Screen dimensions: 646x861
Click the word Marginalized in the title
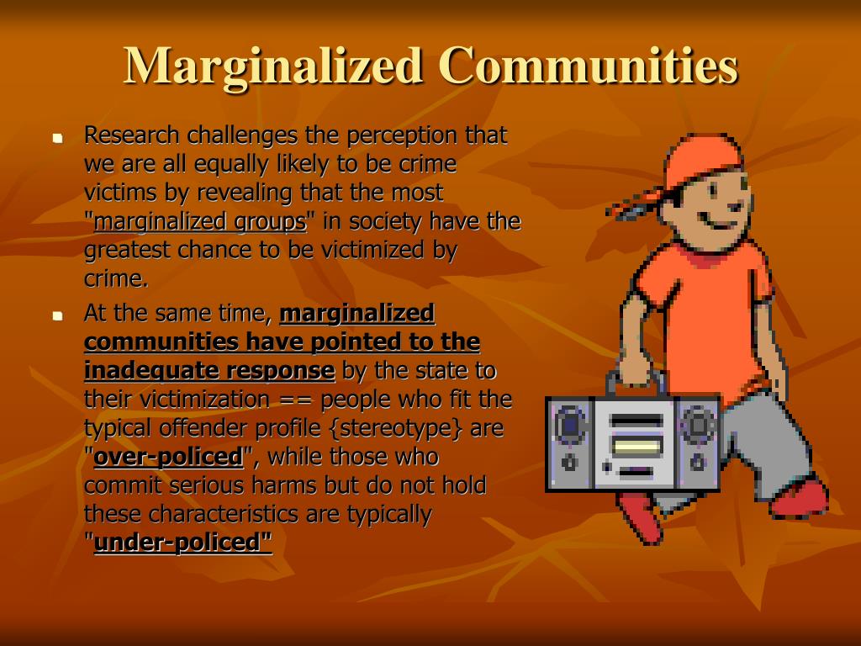273,66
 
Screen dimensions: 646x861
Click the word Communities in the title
588,66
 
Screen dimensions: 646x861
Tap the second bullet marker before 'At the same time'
57,316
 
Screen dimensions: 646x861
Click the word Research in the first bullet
132,135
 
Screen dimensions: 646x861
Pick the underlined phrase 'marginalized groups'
200,222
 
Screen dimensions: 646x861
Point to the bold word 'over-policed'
168,458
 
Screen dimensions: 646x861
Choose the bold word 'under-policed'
183,543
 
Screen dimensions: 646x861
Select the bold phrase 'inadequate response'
209,371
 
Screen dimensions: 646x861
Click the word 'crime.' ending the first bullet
116,279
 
